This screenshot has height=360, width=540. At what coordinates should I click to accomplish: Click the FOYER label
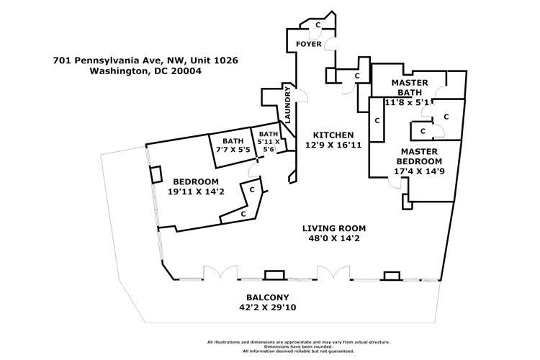[x=309, y=45]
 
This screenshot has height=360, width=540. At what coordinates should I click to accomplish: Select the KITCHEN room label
[x=332, y=135]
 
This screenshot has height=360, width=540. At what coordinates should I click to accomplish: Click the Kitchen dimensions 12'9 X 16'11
[x=332, y=145]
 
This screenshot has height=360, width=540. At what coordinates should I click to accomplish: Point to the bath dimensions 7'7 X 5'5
[x=233, y=149]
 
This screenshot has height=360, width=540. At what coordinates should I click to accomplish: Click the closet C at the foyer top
[x=318, y=25]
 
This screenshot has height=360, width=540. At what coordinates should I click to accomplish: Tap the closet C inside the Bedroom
[x=243, y=214]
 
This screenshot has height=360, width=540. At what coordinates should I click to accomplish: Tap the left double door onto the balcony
[x=215, y=274]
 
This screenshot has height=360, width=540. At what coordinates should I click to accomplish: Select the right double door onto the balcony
[x=328, y=274]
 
